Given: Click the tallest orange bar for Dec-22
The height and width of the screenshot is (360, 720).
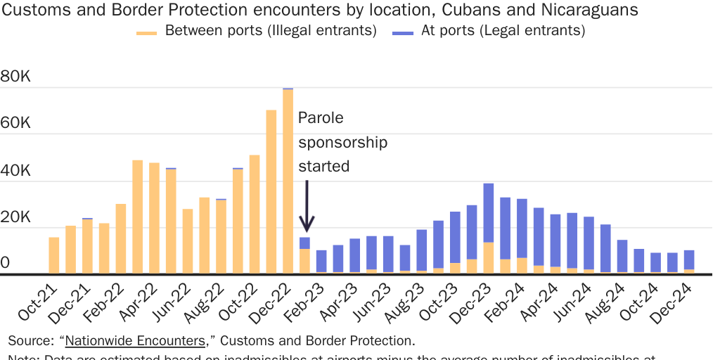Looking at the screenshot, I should (288, 181).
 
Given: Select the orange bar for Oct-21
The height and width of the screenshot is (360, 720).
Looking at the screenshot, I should (54, 255).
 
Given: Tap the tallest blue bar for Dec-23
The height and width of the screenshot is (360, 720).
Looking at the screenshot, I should (489, 212).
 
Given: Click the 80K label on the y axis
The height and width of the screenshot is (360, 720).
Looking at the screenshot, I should (15, 77).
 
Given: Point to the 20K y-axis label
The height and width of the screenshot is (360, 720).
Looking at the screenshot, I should (15, 217).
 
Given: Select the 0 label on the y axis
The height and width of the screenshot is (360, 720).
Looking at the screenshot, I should (6, 263).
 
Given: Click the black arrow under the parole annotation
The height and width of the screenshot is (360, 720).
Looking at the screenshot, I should (307, 207).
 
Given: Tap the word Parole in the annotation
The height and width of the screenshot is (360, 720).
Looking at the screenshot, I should (321, 118).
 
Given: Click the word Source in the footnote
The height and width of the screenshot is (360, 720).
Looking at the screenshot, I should (29, 341).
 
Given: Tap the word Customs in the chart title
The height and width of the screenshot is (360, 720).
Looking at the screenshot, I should (34, 11).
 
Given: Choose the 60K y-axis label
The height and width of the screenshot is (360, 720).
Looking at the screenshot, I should (15, 124).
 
